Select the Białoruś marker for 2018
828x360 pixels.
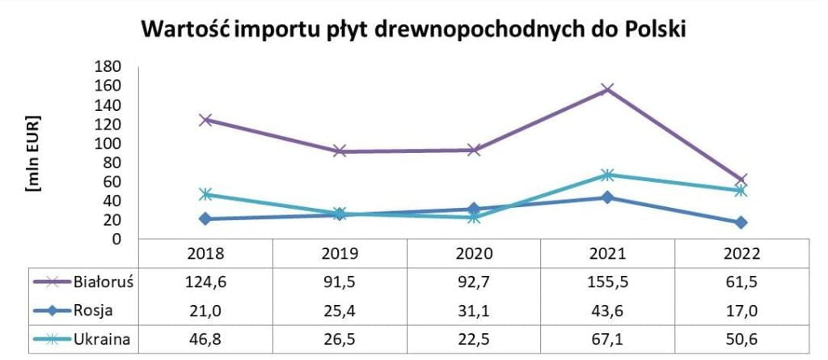pos(205,120)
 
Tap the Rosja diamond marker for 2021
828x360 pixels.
pos(608,197)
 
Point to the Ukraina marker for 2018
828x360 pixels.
pos(205,194)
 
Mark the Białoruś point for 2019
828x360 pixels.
pos(340,151)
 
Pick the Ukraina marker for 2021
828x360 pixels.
pos(608,175)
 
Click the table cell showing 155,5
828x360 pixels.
pos(608,282)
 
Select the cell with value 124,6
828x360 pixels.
pos(205,282)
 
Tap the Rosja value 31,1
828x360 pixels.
pos(474,310)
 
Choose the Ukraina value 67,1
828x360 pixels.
pos(608,338)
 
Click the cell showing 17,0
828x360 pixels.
pos(742,310)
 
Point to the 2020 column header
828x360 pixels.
pos(474,254)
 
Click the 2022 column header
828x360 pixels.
pos(742,254)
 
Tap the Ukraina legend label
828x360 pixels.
pos(103,338)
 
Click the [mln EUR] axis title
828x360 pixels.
pos(34,153)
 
